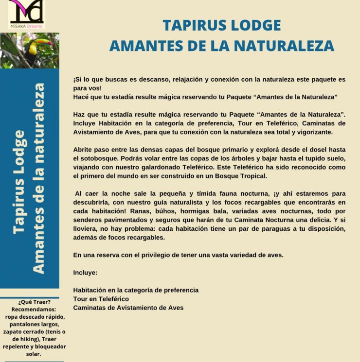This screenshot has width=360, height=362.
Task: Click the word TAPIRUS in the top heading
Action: click(x=193, y=25)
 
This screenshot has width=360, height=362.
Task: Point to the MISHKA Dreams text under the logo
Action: click(x=26, y=26)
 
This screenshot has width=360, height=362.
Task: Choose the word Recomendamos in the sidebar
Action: click(x=33, y=309)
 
